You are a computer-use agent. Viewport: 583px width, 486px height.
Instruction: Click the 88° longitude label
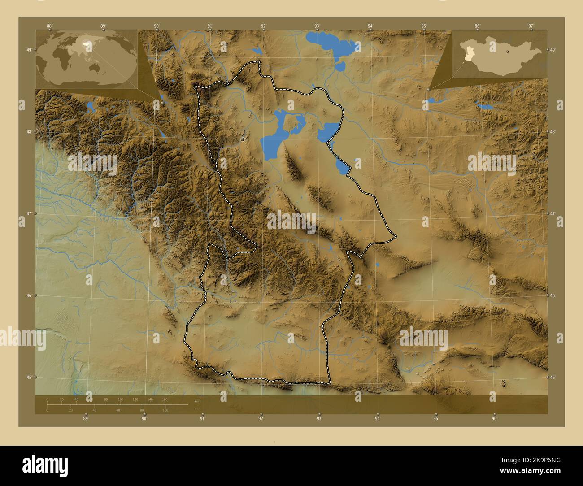pyautogui.click(x=49, y=26)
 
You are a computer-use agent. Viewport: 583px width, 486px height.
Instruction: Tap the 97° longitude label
pyautogui.click(x=531, y=26)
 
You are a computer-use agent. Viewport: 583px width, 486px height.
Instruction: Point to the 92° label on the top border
pyautogui.click(x=264, y=26)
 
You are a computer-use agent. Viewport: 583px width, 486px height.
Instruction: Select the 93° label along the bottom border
pyautogui.click(x=319, y=419)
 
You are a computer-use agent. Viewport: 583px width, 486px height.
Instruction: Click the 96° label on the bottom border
pyautogui.click(x=494, y=419)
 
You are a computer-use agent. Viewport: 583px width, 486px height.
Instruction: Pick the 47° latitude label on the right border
pyautogui.click(x=553, y=214)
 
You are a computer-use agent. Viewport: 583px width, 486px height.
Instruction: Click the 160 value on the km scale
pyautogui.click(x=165, y=399)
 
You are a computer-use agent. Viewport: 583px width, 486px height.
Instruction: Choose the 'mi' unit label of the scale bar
pyautogui.click(x=196, y=408)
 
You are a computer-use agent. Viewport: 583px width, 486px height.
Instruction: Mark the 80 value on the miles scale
pyautogui.click(x=142, y=410)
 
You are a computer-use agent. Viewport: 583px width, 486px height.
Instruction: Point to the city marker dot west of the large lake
pyautogui.click(x=243, y=139)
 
